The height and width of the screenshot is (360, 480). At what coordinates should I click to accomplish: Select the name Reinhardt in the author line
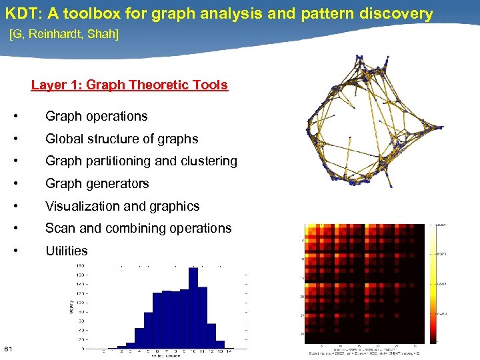[58, 34]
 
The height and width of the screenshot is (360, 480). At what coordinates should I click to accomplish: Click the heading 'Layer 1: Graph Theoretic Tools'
[129, 85]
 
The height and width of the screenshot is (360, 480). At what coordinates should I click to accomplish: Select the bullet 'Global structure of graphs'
[121, 139]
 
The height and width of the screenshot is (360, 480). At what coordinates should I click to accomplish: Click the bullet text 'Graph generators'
[97, 183]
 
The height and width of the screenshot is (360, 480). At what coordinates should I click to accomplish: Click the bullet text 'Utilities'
[66, 251]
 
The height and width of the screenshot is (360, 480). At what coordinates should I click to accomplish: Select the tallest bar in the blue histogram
[193, 307]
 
